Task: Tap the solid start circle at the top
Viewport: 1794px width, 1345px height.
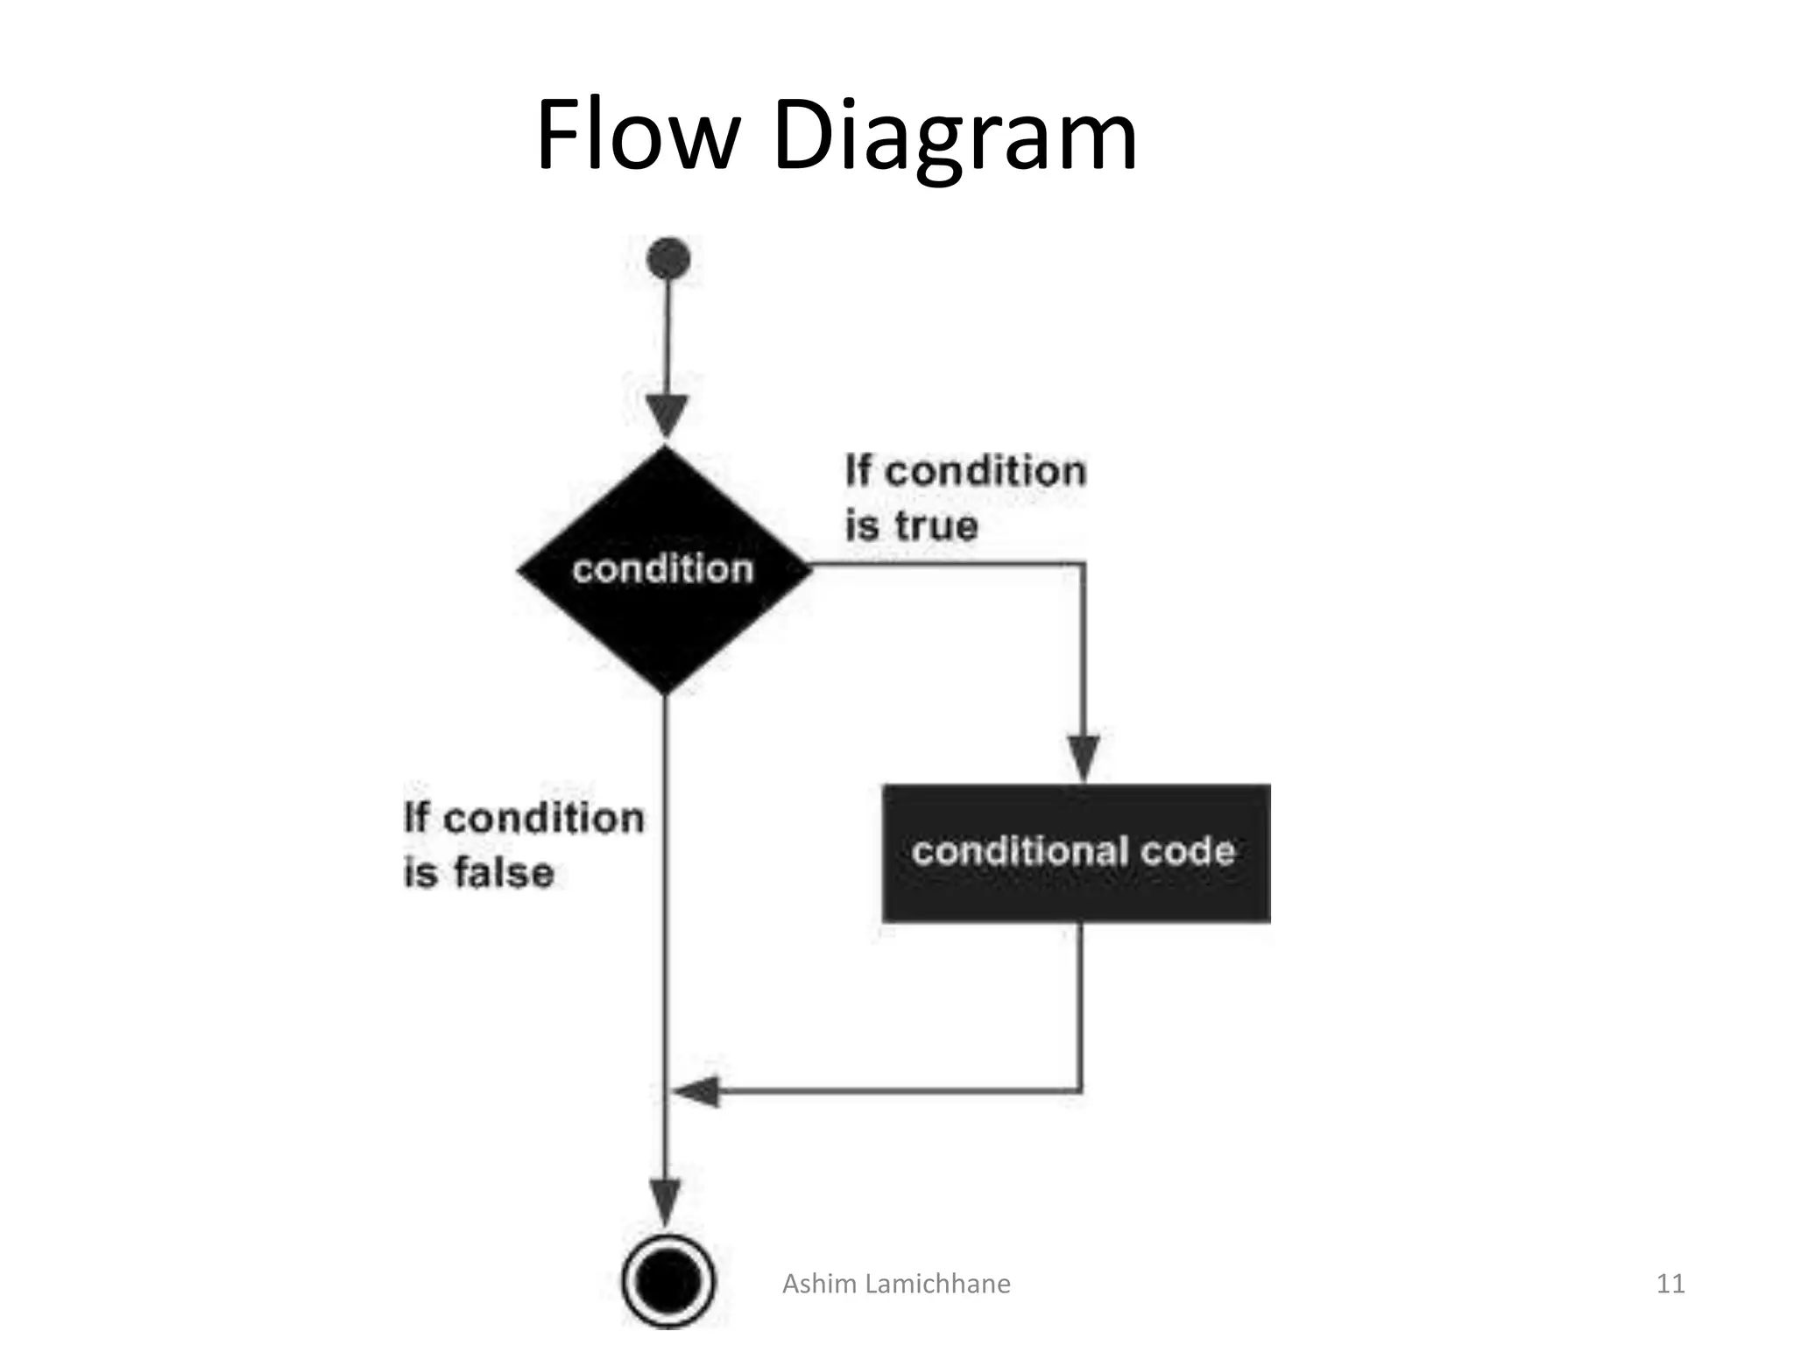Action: point(667,259)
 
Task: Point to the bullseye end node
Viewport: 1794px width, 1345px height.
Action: point(667,1282)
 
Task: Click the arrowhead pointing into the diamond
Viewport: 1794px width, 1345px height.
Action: point(667,414)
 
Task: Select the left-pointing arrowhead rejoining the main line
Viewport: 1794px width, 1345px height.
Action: point(697,1091)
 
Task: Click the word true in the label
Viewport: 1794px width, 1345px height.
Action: point(936,526)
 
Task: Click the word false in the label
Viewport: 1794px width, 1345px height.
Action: point(504,873)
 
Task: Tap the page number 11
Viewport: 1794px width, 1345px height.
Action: point(1670,1284)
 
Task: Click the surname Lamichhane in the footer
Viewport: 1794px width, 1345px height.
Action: point(937,1284)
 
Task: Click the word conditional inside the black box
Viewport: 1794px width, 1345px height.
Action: point(1020,851)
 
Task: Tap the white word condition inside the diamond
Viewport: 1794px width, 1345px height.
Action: point(663,569)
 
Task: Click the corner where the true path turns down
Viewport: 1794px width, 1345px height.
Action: point(1084,566)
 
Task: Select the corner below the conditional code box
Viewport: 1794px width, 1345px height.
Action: point(1080,1091)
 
